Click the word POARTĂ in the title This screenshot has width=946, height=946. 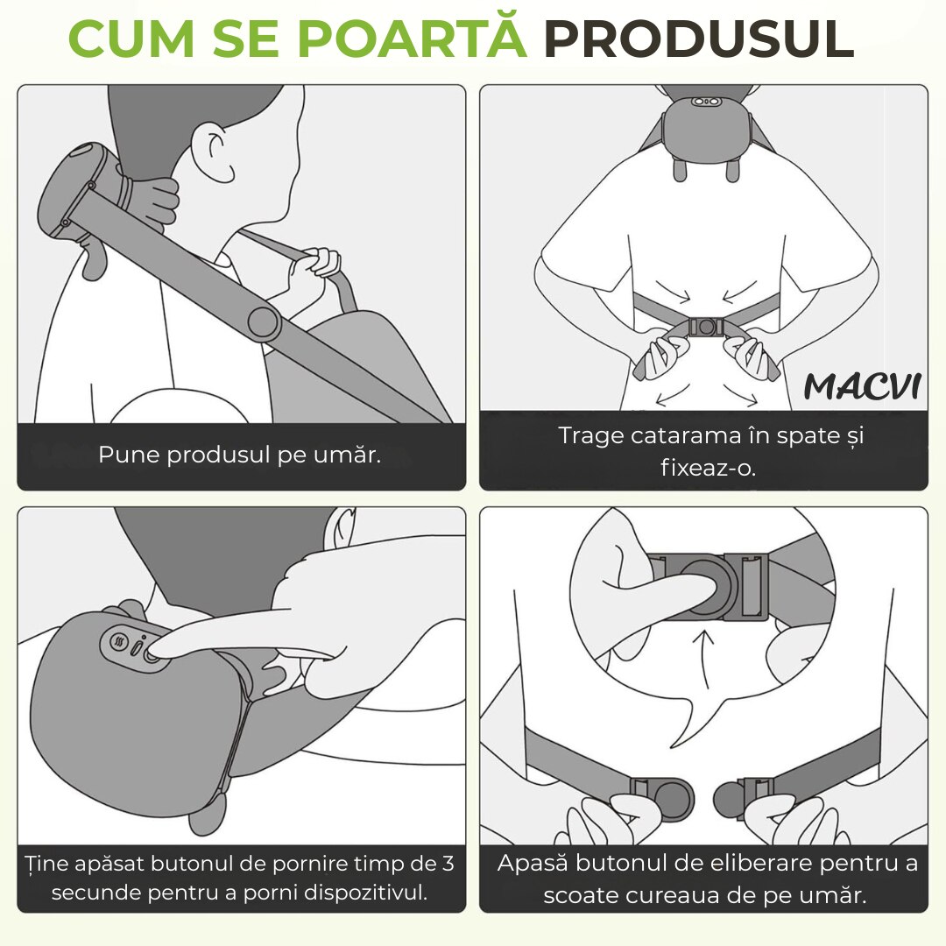coord(412,37)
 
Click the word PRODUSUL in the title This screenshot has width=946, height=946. coord(699,39)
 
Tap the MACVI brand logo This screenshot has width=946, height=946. coord(863,386)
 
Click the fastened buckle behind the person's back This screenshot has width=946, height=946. coord(707,328)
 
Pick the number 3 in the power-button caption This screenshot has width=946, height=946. coord(448,864)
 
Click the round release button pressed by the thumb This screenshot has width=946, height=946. coord(707,584)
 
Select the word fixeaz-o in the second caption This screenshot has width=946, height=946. coord(709,468)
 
